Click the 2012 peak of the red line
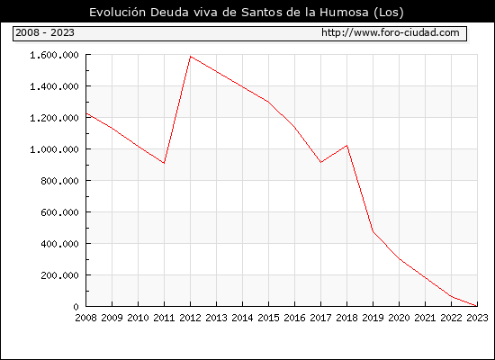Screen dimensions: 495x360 tap(191, 57)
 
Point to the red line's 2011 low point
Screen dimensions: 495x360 tap(164, 163)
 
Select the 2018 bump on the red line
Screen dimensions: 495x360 tap(346, 146)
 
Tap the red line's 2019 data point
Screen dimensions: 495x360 tap(373, 232)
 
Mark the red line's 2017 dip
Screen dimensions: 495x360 tap(320, 162)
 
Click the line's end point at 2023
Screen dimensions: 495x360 tap(477, 306)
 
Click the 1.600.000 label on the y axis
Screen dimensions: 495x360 tap(54, 55)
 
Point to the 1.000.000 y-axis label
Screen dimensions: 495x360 tap(54, 149)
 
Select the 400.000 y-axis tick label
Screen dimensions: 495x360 tap(59, 244)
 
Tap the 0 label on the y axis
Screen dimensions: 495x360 tap(76, 307)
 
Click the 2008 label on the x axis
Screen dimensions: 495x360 tap(85, 318)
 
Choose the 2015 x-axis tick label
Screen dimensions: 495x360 tap(269, 318)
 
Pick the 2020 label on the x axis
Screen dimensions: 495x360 tap(399, 318)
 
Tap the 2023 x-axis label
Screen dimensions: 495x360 tap(477, 318)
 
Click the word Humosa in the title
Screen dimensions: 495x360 tap(344, 12)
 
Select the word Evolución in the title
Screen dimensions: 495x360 tap(117, 12)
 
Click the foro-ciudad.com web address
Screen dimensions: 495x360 tap(391, 32)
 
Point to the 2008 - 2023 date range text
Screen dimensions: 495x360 tap(45, 32)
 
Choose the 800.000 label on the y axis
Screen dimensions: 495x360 tap(59, 181)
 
